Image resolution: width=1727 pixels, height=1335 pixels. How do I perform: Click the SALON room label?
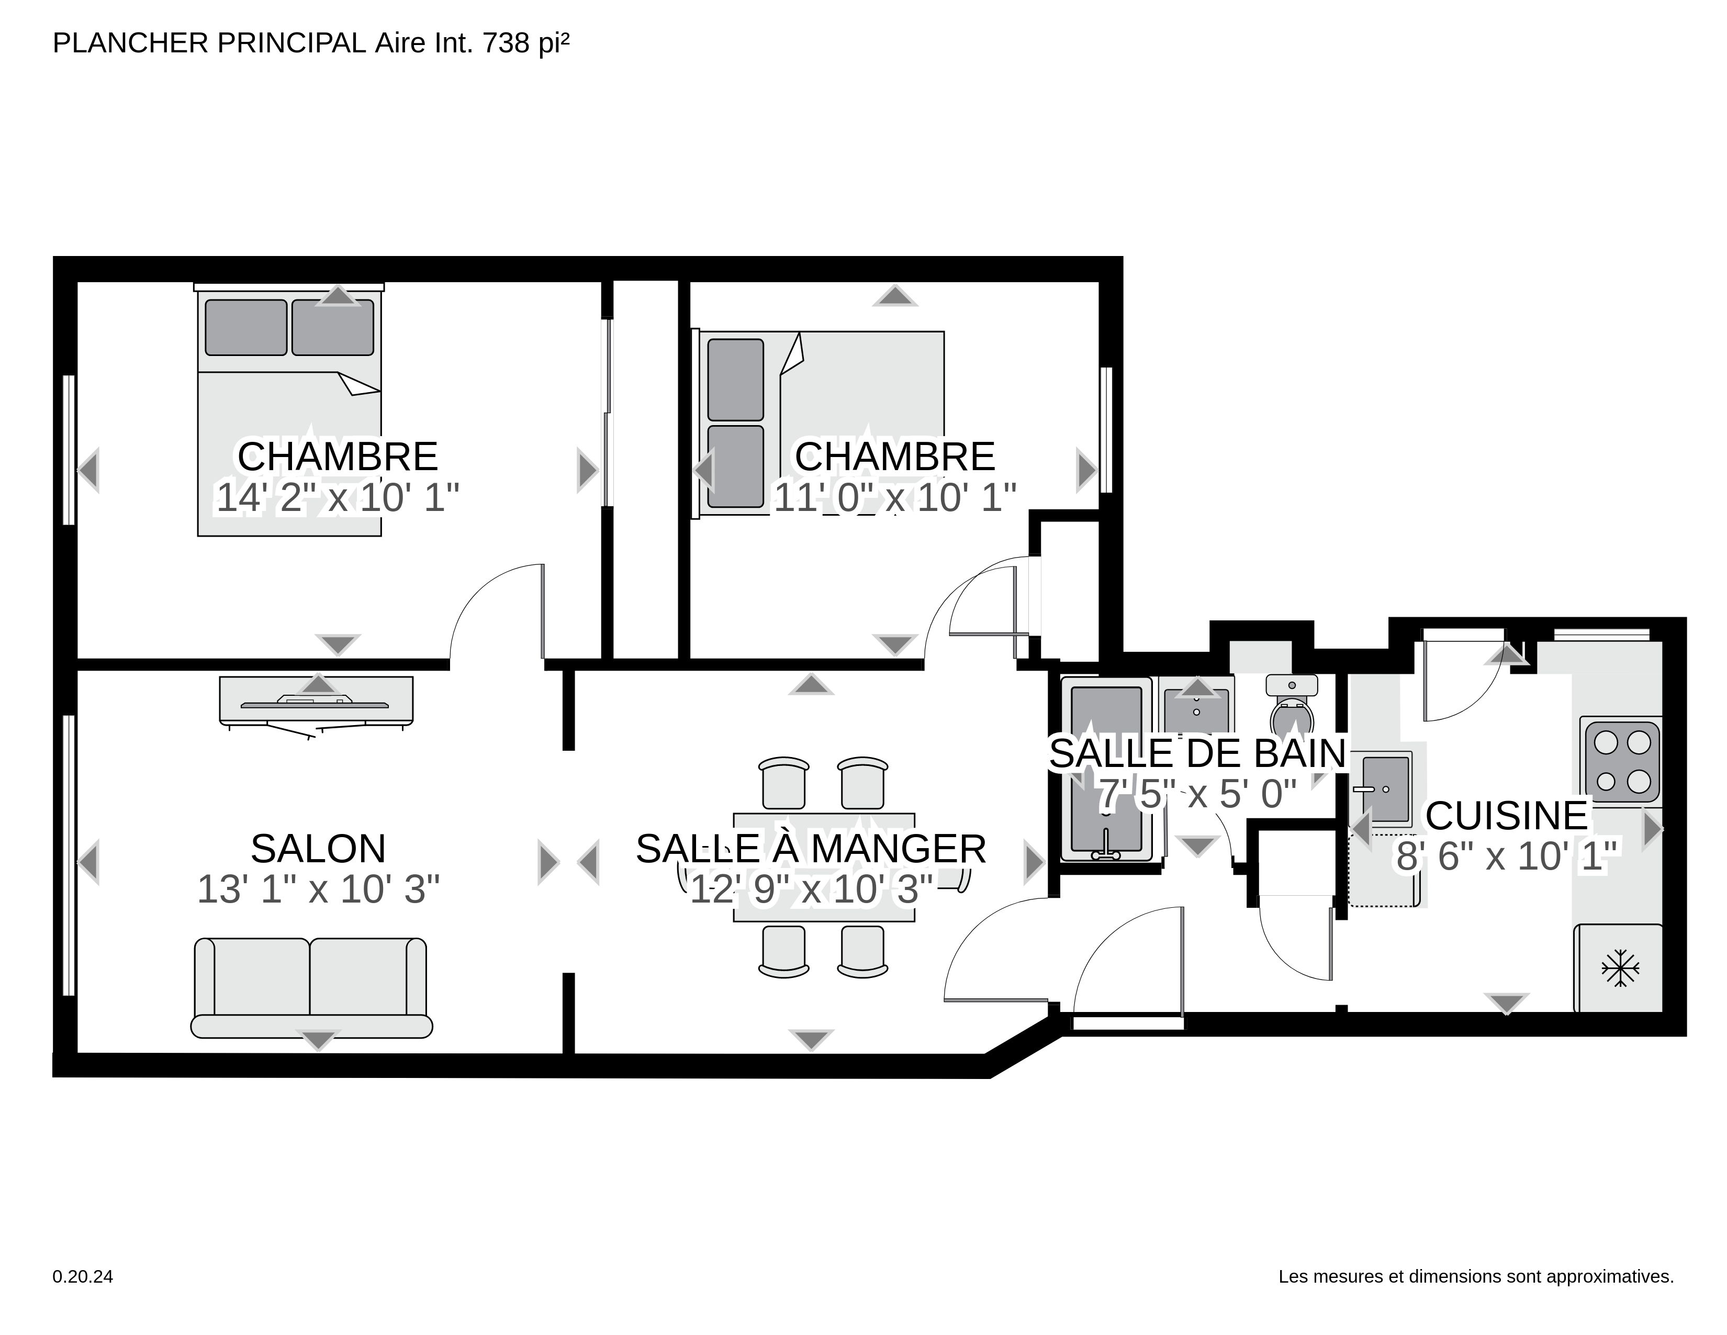[318, 849]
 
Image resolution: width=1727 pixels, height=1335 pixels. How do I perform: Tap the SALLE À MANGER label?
[811, 849]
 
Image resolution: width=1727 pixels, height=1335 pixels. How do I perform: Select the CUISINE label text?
[1506, 815]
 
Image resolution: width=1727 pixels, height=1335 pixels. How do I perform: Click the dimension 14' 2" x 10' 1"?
[338, 497]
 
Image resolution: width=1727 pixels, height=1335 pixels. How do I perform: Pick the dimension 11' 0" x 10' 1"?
[894, 497]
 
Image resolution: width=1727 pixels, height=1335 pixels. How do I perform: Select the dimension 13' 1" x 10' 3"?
[318, 889]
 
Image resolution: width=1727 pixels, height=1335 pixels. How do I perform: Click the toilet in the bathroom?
[1291, 706]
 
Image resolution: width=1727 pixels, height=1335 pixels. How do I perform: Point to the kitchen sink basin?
[1386, 788]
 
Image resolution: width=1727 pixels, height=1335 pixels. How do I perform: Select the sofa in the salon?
[311, 988]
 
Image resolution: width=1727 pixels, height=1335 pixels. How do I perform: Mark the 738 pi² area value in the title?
[525, 43]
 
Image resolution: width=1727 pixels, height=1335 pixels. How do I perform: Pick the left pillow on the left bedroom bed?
[246, 327]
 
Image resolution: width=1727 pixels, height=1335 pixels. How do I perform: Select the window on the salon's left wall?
[69, 855]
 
